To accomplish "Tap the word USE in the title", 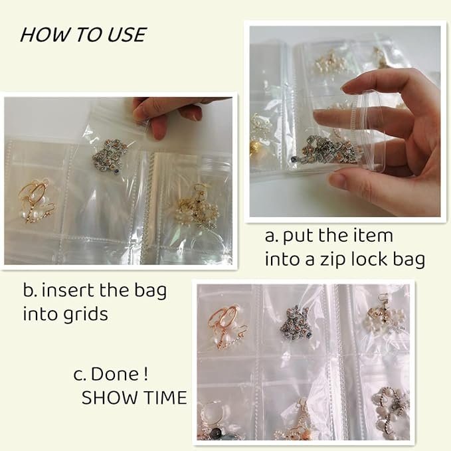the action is click(127, 35).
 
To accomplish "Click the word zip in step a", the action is click(333, 260).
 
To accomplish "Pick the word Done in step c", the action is click(115, 374).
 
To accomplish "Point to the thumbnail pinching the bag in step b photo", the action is click(159, 129).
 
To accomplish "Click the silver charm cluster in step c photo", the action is click(294, 323).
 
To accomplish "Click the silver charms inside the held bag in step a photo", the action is click(329, 149).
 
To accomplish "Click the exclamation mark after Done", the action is click(146, 374).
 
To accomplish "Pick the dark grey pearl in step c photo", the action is click(217, 432).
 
